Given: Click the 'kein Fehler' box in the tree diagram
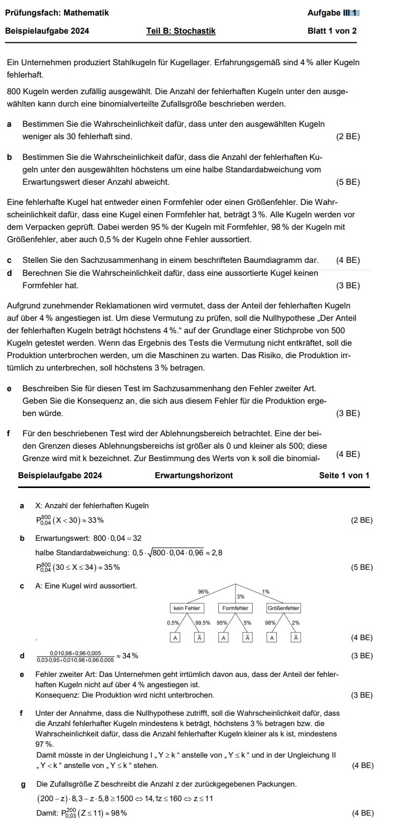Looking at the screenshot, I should coord(186,608).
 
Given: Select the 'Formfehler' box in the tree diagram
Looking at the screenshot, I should coord(235,608).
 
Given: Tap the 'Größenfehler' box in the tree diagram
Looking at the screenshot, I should coord(284,608).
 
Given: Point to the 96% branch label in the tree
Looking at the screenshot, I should coord(203,591).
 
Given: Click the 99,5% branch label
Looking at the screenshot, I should coord(202,623).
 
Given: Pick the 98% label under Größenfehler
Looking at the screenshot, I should coord(270,623).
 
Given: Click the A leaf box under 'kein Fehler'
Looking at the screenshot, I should coord(175,638).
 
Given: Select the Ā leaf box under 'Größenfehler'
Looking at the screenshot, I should coord(296,638).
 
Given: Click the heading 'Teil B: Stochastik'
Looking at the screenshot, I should coord(181,31).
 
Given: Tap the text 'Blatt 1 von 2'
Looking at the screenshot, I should coord(332,31).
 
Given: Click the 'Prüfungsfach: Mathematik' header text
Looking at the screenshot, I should coord(57,13).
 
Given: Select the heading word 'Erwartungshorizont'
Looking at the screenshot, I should coord(194,475).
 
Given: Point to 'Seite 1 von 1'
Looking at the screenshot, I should coord(344,475).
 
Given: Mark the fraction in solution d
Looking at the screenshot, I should coord(75,656).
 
